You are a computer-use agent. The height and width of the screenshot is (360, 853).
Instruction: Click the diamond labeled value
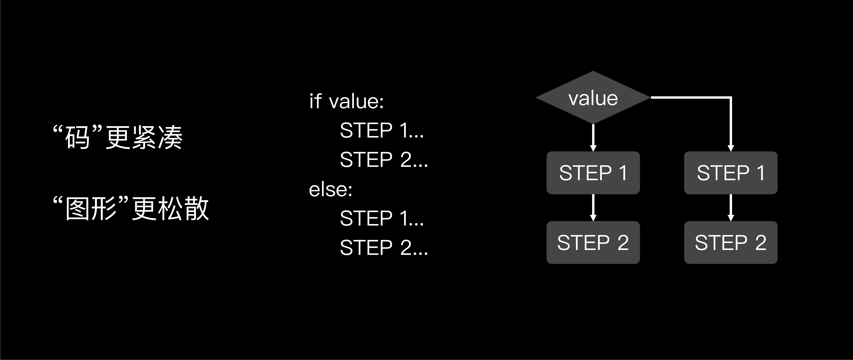pos(593,98)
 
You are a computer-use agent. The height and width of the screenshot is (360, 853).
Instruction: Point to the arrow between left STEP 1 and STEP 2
pos(593,207)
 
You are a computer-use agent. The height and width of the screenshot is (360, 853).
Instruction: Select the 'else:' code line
pos(331,189)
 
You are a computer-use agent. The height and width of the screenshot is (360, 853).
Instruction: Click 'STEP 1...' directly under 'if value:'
pos(382,130)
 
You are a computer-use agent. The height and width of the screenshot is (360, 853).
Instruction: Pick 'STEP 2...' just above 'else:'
pos(384,160)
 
